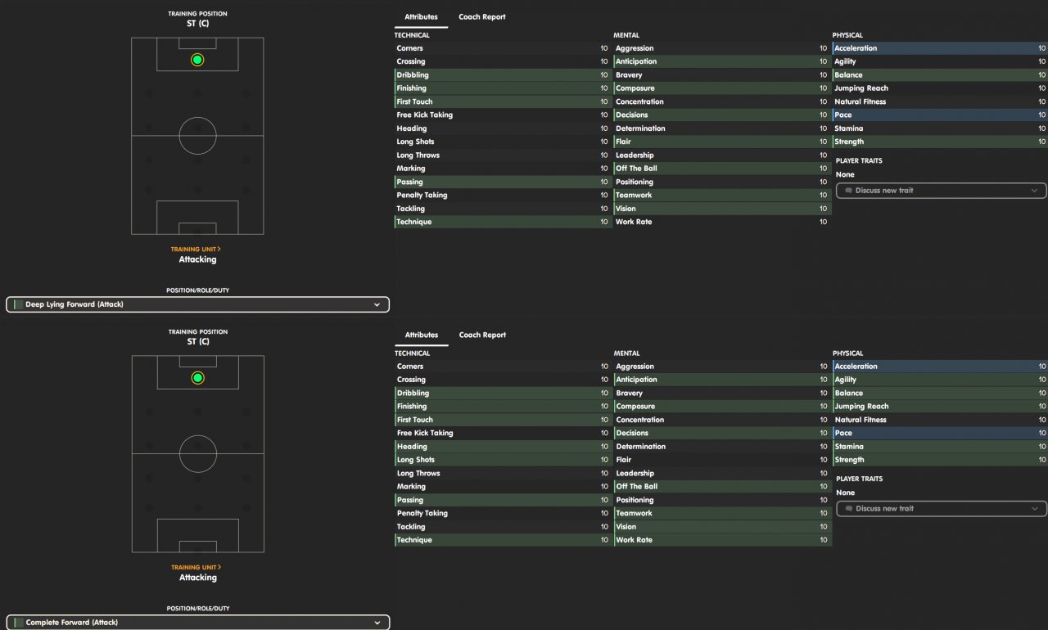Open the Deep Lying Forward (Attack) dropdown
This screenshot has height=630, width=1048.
(197, 304)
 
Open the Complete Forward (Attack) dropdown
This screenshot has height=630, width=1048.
(197, 623)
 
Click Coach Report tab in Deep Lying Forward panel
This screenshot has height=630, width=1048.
(482, 17)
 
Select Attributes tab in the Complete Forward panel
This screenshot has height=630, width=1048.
(422, 335)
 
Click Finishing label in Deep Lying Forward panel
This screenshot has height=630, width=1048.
(412, 88)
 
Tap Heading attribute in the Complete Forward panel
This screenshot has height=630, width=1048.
(412, 447)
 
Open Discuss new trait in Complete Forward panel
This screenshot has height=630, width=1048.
(941, 509)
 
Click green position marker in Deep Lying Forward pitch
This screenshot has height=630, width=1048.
(197, 60)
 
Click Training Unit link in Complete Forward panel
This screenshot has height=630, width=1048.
(196, 567)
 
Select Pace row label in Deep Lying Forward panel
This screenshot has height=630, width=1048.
(843, 115)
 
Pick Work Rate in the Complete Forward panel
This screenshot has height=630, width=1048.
(634, 540)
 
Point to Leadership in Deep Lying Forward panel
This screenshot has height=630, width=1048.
(635, 155)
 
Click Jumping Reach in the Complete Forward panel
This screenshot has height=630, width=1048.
(861, 407)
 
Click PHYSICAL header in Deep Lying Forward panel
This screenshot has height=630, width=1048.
(847, 35)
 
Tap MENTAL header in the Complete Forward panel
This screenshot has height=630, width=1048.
(626, 353)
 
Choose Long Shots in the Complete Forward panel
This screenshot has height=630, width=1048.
(416, 460)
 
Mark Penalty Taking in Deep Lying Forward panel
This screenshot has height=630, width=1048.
(422, 196)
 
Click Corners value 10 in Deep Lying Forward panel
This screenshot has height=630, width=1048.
(604, 48)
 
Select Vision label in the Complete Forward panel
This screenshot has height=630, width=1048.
(626, 527)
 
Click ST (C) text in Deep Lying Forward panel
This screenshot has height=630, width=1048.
(198, 23)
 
